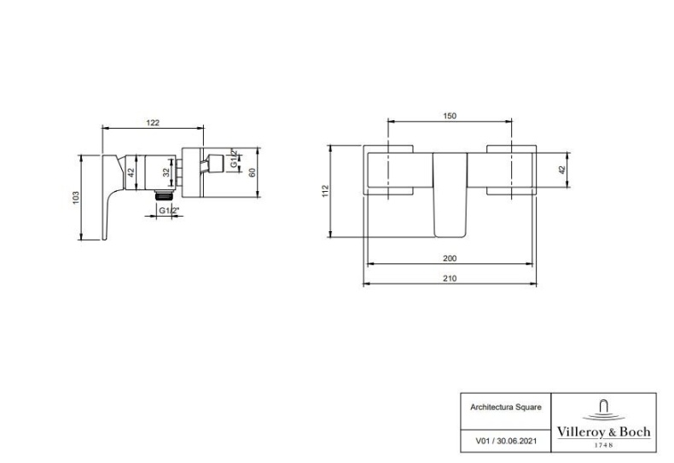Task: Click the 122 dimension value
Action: tap(153, 123)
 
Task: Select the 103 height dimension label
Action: tap(76, 198)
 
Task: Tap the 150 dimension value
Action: tap(450, 116)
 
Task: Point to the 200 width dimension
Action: tap(450, 258)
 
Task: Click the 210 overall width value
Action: tap(450, 279)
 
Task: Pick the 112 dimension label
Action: tap(325, 191)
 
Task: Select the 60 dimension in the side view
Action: tap(253, 172)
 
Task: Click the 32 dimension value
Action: tap(166, 172)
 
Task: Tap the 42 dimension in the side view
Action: tap(131, 172)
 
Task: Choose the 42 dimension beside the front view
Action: tap(562, 170)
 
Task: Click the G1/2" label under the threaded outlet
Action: tap(169, 211)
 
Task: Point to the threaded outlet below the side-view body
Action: tap(163, 195)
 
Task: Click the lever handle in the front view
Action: tap(450, 194)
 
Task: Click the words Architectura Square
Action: tap(505, 408)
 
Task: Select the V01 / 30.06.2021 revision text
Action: tap(505, 441)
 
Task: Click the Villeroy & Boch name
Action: tap(603, 431)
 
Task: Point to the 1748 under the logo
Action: tap(603, 445)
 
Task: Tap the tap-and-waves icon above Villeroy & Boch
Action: tap(603, 410)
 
